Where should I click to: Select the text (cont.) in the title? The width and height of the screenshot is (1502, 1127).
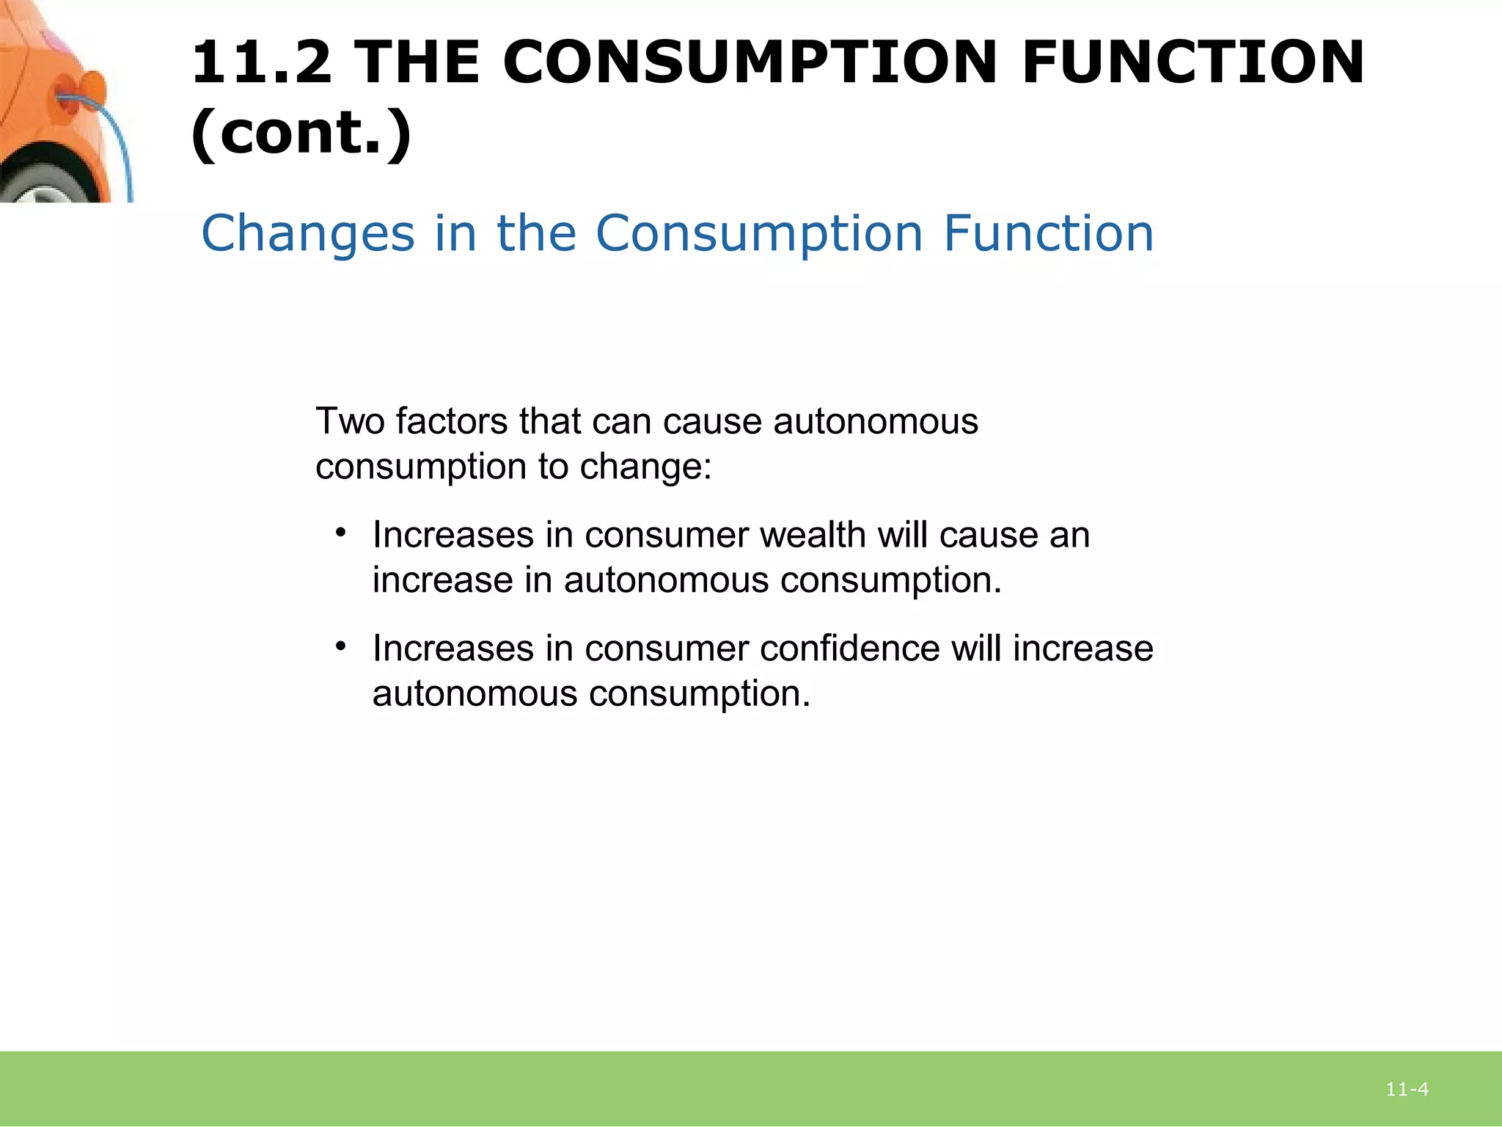(301, 134)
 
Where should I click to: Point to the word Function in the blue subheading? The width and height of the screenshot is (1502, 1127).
(1048, 233)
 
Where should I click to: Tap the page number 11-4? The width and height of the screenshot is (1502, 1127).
(1407, 1090)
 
